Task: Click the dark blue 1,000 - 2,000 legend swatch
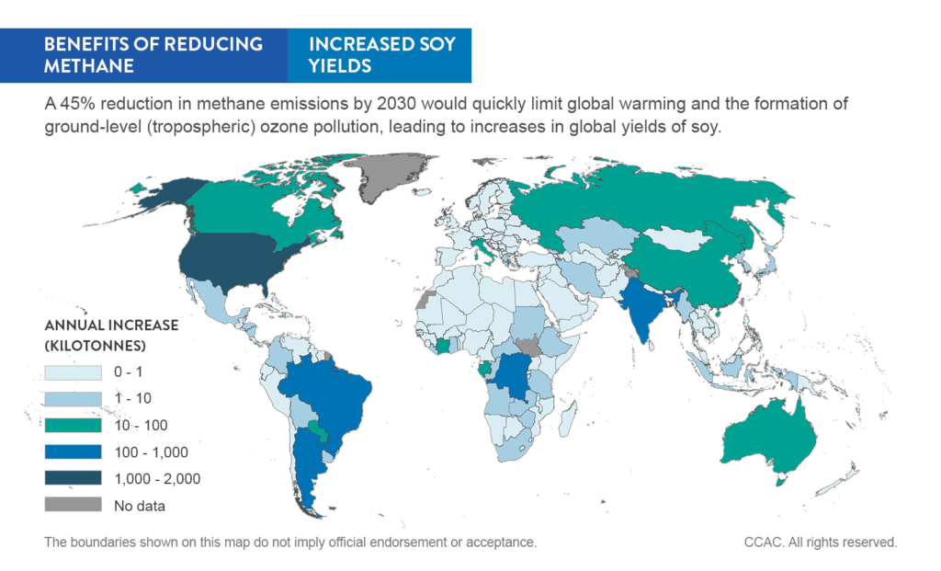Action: point(73,478)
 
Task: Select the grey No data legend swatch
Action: point(73,505)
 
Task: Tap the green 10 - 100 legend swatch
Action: point(73,425)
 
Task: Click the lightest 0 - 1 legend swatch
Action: point(73,371)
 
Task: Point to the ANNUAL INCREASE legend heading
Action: point(111,325)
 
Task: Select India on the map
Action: point(642,308)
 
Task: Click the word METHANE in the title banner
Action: point(88,65)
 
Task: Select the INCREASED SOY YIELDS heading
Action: point(380,54)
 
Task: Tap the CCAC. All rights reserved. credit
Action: point(820,542)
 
